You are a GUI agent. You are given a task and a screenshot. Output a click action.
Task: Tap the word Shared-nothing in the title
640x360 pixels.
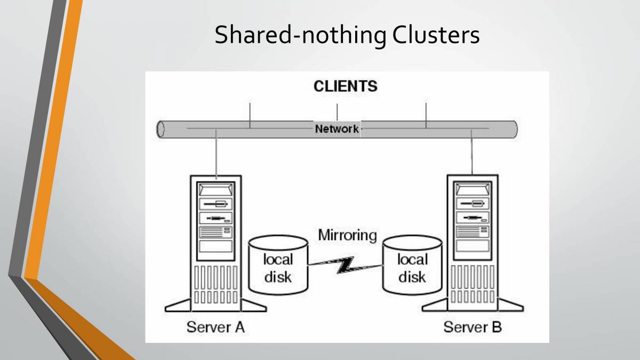tap(300, 35)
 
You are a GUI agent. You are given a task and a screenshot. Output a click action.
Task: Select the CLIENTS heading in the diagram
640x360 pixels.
tap(345, 86)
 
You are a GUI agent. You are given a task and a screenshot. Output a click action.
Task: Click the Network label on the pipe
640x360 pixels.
tap(337, 129)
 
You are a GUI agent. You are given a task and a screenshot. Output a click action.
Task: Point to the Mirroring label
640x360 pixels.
tap(347, 235)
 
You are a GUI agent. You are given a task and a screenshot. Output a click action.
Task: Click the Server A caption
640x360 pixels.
tap(215, 326)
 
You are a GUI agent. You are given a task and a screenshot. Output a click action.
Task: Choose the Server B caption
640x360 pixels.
tap(473, 326)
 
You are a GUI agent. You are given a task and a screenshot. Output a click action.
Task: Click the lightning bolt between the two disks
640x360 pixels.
tap(345, 265)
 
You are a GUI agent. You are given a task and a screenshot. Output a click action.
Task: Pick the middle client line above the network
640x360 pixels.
tap(337, 112)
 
